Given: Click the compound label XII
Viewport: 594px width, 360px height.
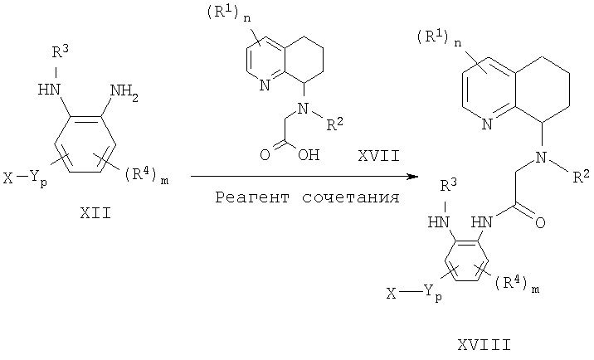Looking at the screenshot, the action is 95,213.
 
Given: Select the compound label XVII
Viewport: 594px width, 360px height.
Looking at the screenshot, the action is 379,156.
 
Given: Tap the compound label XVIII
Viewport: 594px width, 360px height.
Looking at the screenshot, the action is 484,345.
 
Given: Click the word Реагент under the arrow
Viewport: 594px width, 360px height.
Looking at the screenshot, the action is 252,197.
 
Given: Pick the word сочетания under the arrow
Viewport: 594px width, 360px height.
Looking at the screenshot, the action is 351,197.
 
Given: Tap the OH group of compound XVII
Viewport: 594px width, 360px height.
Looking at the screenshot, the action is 309,155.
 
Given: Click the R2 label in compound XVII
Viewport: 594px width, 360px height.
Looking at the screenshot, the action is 334,124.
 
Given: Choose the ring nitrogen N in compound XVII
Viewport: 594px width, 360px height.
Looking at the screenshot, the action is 265,85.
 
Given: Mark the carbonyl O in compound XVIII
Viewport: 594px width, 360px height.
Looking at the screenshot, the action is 540,222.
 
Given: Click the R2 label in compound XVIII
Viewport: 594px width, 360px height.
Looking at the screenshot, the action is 581,176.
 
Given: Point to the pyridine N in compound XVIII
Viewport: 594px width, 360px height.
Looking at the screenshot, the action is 487,124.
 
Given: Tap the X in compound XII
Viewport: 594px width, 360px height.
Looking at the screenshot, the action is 8,178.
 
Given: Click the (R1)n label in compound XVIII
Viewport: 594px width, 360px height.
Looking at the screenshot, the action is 440,38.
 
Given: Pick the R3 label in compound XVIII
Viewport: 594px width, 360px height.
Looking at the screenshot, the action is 448,186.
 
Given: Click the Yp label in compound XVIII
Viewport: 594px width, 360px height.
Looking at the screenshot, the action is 433,293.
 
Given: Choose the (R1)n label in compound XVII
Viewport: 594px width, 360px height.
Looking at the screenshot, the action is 228,14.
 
